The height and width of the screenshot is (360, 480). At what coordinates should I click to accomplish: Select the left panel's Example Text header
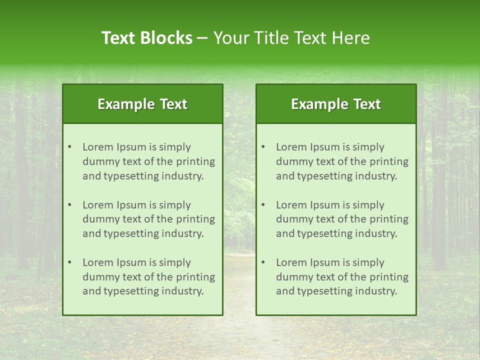coord(142,104)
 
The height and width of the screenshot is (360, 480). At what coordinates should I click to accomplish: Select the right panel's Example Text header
coord(336,104)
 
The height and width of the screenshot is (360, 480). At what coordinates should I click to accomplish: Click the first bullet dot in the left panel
coord(70,147)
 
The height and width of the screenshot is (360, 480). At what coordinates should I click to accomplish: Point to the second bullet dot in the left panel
coord(70,205)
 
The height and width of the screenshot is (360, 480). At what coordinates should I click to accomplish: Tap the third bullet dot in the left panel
coord(70,262)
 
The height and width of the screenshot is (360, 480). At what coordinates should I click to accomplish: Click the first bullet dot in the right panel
coord(263,147)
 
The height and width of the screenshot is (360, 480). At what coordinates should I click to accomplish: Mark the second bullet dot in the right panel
coord(263,205)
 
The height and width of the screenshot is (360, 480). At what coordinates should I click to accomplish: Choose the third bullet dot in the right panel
coord(263,262)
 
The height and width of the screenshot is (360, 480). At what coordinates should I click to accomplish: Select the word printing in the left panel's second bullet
coord(196,219)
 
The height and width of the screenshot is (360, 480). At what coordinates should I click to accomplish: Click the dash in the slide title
coord(203,38)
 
